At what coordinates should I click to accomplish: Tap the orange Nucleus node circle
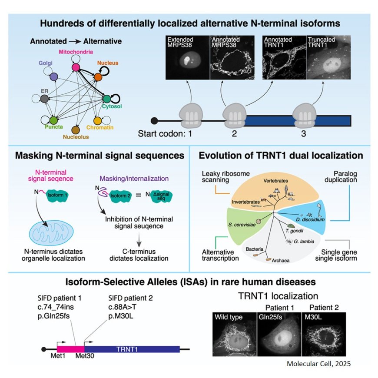pyautogui.click(x=99, y=77)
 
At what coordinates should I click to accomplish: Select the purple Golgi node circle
pyautogui.click(x=54, y=77)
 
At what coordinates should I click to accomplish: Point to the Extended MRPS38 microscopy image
pyautogui.click(x=188, y=59)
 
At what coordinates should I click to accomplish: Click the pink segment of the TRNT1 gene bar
pyautogui.click(x=70, y=349)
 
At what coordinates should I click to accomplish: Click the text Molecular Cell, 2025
pyautogui.click(x=318, y=364)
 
